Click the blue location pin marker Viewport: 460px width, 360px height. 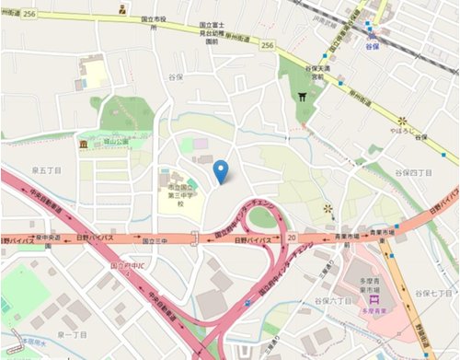220,171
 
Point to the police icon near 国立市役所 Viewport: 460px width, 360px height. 122,10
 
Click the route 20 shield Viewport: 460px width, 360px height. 291,238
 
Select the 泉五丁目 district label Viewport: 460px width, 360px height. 45,170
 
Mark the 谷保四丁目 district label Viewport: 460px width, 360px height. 413,172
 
